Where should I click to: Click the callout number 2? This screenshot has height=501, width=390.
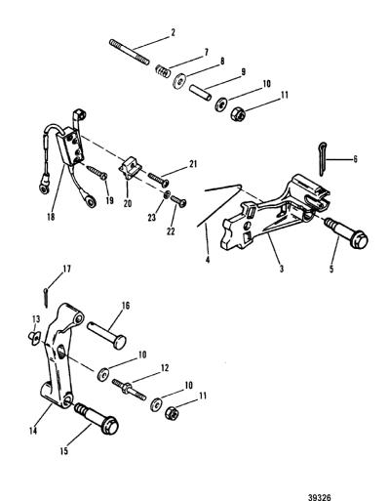[x=173, y=32]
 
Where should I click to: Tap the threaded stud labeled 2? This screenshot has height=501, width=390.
[x=130, y=52]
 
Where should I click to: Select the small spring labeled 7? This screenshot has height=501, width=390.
[x=162, y=71]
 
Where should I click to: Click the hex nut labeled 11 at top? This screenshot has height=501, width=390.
[x=239, y=114]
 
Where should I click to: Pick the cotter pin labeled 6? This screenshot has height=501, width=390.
[x=322, y=159]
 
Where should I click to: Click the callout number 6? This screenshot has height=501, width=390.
[x=355, y=159]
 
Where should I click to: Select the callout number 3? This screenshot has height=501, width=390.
[x=281, y=269]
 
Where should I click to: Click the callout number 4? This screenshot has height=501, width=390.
[x=208, y=260]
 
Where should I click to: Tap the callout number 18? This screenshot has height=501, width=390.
[x=51, y=217]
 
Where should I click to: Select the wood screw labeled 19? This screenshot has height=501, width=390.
[x=97, y=172]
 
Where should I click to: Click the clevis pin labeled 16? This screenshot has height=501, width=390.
[x=106, y=335]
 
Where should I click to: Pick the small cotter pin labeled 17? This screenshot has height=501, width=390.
[x=46, y=297]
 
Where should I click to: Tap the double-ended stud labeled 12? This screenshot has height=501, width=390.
[x=129, y=391]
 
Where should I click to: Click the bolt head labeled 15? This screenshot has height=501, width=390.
[x=109, y=425]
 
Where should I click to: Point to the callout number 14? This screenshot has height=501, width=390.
[x=33, y=431]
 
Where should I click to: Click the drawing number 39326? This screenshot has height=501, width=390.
[x=320, y=497]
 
